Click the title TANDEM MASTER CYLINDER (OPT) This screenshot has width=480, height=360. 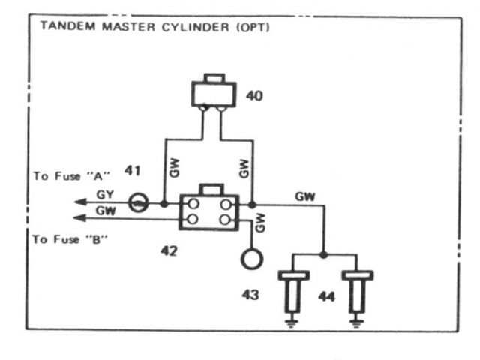[x=154, y=27]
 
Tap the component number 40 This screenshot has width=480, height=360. [x=255, y=96]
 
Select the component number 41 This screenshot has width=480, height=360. [x=133, y=172]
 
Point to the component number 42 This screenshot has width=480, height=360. [x=169, y=250]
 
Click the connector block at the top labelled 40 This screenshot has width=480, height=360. [x=215, y=93]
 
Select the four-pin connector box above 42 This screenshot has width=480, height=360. [x=208, y=211]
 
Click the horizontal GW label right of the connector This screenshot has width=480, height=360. [x=305, y=196]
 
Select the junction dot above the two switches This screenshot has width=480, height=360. [x=323, y=254]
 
